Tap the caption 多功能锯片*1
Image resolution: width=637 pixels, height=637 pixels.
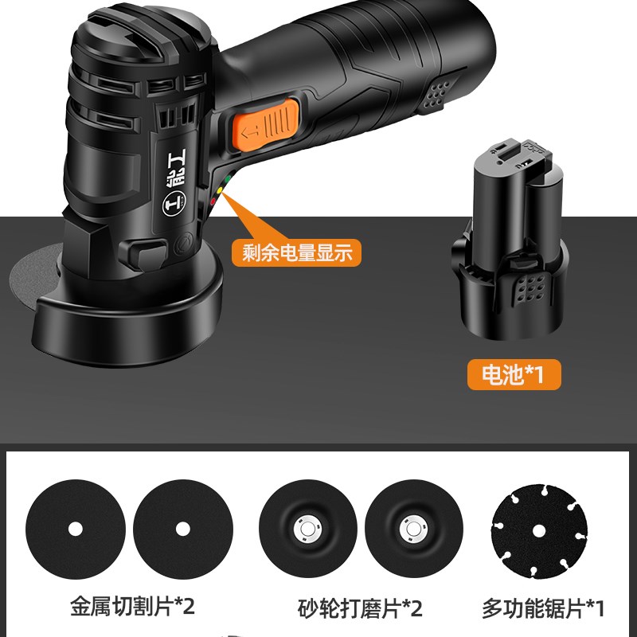(544, 609)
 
